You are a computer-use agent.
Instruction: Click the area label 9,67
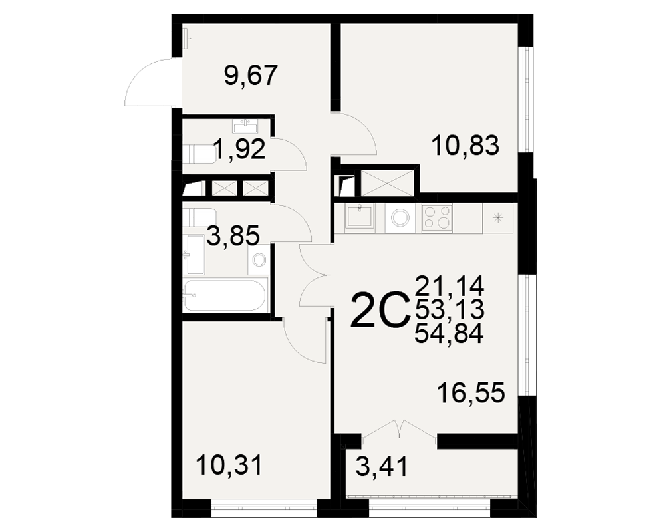coord(251,76)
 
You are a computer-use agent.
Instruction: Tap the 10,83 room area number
coord(465,146)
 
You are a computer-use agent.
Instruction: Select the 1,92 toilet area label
coord(239,149)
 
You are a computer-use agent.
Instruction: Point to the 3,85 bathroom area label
coord(233,235)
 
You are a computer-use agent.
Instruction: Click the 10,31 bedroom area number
coord(229,465)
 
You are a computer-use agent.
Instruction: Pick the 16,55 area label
coord(471,392)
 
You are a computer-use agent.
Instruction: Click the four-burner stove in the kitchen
coord(437,218)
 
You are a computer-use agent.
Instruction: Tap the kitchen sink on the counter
coord(360,217)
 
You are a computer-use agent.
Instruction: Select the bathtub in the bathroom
coord(225,295)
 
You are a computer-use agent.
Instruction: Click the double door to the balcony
coord(399,430)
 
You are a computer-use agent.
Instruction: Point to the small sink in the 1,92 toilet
coord(245,126)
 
